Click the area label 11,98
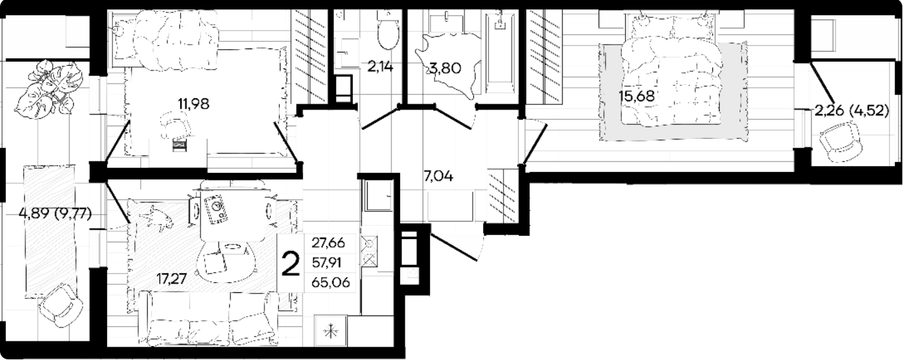[193, 104]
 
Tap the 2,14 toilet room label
[380, 66]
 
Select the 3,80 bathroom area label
[445, 68]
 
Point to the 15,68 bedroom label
[637, 96]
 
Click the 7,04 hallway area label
[438, 176]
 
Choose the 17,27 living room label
[171, 278]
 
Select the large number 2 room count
[290, 263]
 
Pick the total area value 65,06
[330, 282]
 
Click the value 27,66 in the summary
[328, 243]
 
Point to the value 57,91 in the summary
[327, 263]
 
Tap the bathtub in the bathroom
[500, 53]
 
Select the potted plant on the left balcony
[45, 90]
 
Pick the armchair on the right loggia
[837, 142]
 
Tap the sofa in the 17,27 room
[208, 321]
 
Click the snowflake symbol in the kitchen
[330, 331]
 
